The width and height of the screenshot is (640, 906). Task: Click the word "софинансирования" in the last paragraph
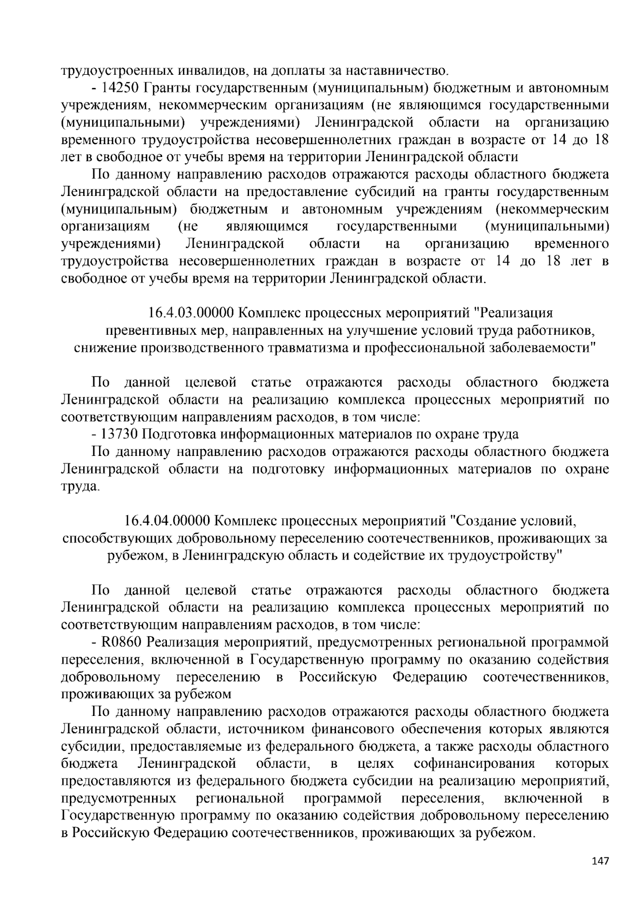(x=474, y=763)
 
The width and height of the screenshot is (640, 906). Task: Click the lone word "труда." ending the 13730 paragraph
(x=80, y=487)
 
